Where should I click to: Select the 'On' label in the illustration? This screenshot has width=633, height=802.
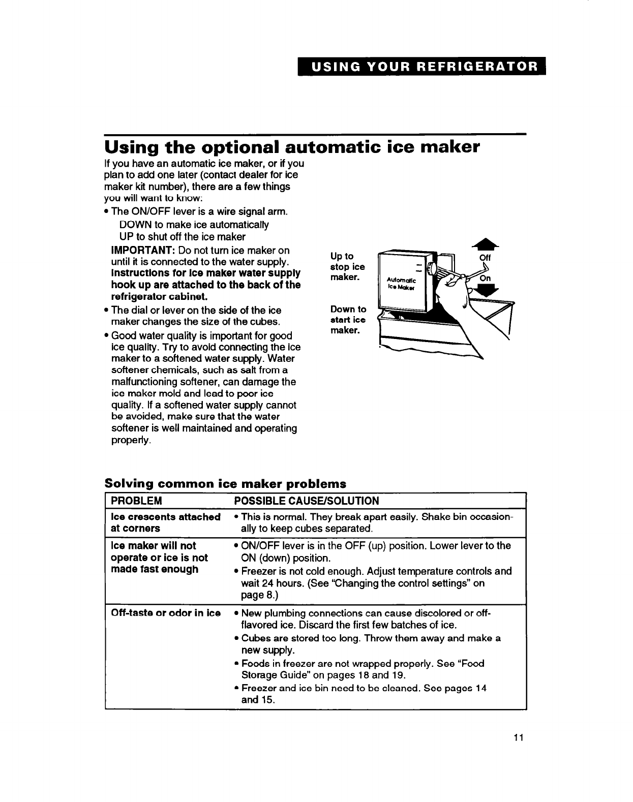pos(486,278)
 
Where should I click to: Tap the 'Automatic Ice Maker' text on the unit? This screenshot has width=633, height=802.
pos(402,283)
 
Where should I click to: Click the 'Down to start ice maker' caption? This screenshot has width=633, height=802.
pos(348,320)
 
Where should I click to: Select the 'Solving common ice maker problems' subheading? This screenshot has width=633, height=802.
pos(225,483)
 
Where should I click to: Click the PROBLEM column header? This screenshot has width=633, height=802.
pos(136,501)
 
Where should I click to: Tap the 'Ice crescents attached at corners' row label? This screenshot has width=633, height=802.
pos(165,522)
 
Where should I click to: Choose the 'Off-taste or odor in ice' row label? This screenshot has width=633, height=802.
pos(165,612)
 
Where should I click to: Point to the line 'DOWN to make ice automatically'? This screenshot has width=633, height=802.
pos(194,225)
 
